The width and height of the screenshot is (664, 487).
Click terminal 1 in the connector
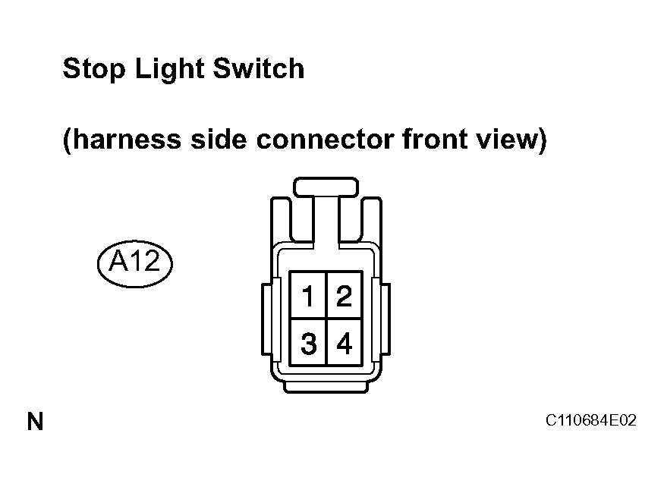click(x=308, y=295)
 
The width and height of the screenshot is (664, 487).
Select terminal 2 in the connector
click(x=345, y=295)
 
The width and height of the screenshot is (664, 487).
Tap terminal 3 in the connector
click(x=308, y=342)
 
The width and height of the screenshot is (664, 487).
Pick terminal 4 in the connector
click(x=345, y=342)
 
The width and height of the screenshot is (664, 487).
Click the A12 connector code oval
click(x=134, y=263)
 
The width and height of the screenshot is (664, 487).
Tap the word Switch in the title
click(x=258, y=68)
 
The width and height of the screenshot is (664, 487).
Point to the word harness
click(x=126, y=140)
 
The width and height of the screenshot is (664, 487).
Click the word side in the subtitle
click(x=218, y=140)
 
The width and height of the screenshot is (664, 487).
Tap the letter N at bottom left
click(x=35, y=421)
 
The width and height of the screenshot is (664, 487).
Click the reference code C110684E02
click(x=590, y=420)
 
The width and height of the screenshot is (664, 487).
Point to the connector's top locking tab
click(x=326, y=187)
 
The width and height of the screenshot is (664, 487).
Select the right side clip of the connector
click(x=385, y=319)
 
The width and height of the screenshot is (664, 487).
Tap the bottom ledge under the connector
click(x=326, y=387)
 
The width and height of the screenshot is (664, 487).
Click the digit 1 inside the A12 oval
click(x=137, y=260)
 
